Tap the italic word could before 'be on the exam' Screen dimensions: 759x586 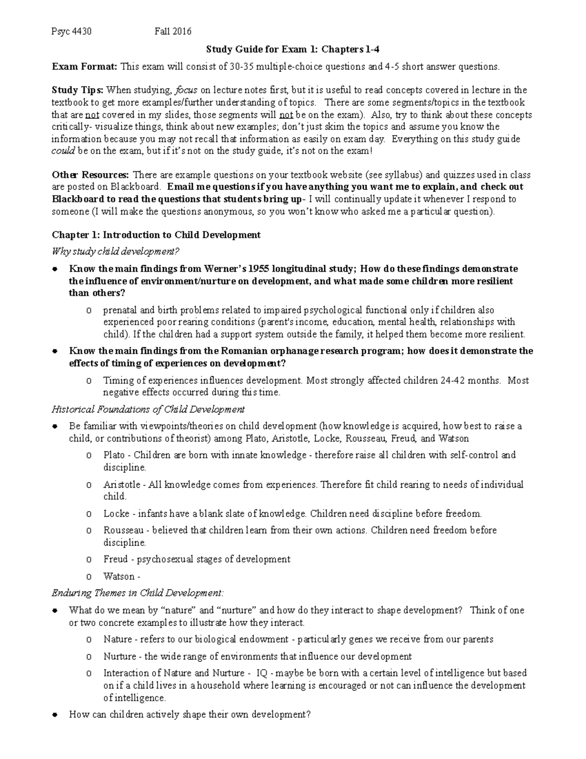[x=63, y=151]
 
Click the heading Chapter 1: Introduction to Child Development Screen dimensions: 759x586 [x=156, y=235]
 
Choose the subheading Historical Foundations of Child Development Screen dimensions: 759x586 [x=148, y=409]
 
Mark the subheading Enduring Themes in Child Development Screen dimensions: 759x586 [x=138, y=593]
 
